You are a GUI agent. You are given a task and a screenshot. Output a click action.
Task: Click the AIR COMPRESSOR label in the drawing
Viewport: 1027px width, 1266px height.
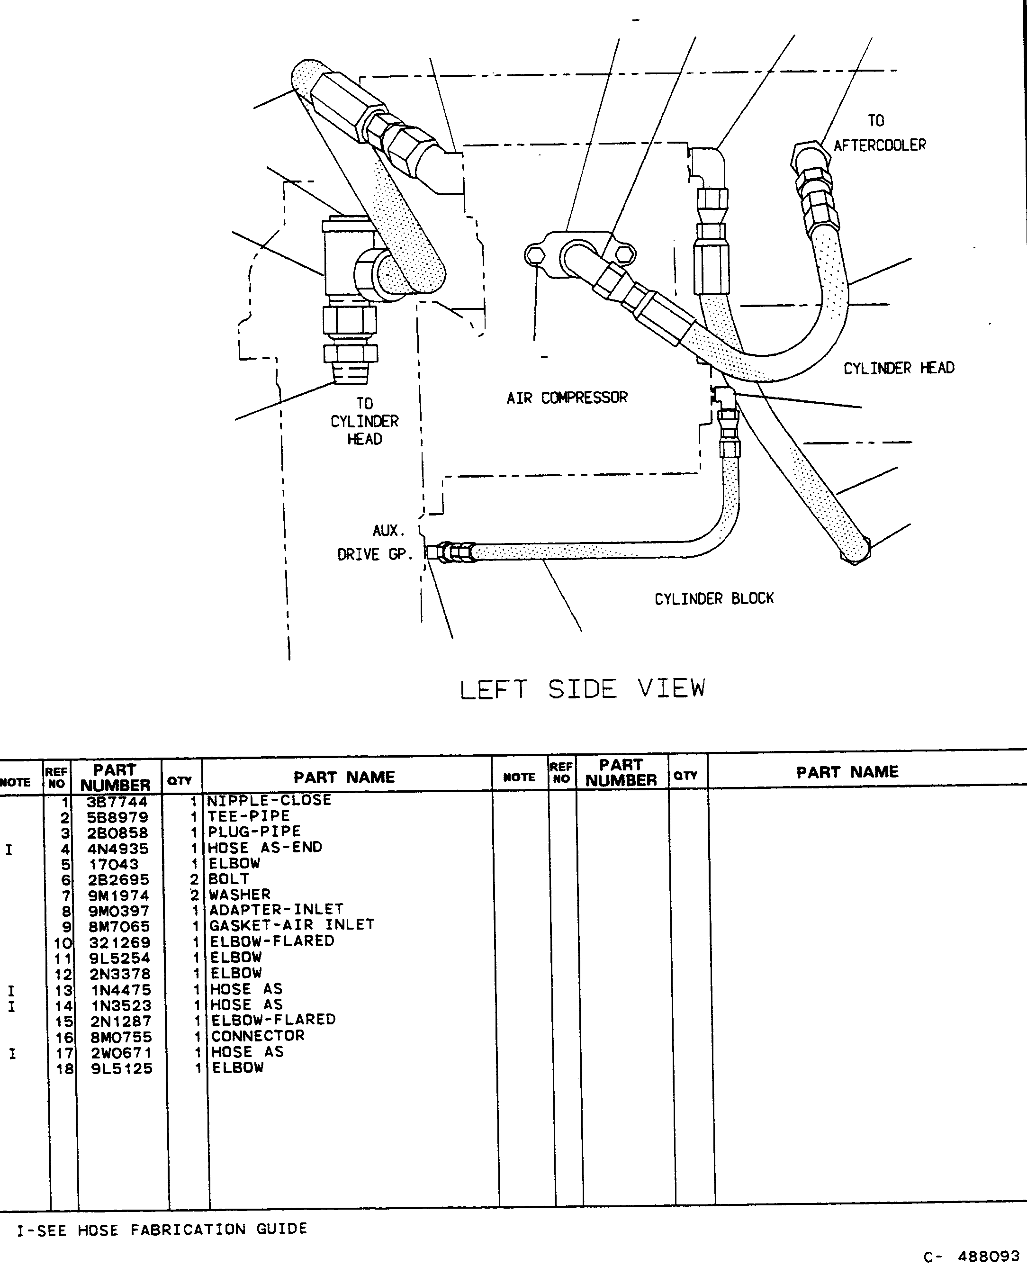pos(567,398)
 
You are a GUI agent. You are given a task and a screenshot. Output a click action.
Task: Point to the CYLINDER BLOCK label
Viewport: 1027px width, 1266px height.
pos(714,599)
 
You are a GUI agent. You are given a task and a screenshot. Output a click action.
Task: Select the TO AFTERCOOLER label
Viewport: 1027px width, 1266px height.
pos(880,133)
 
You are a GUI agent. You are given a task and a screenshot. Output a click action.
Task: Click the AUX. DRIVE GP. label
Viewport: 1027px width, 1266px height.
pos(374,543)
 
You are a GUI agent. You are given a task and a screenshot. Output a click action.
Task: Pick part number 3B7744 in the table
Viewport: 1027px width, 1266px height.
pos(117,802)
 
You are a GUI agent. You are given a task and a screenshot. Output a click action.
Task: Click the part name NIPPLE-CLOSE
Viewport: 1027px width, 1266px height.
pos(269,800)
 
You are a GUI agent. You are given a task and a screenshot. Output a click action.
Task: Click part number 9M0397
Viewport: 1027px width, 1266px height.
pos(119,911)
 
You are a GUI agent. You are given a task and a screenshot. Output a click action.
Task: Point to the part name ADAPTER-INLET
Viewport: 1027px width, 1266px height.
pos(276,909)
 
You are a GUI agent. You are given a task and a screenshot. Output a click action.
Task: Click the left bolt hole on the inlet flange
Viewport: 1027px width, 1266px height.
pos(534,255)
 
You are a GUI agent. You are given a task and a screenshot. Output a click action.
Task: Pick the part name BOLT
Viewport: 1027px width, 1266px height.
pos(229,879)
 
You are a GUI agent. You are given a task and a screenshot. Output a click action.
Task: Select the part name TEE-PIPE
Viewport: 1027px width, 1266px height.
pos(249,816)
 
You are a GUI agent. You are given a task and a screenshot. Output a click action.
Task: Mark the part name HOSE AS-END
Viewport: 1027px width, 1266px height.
pos(265,848)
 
